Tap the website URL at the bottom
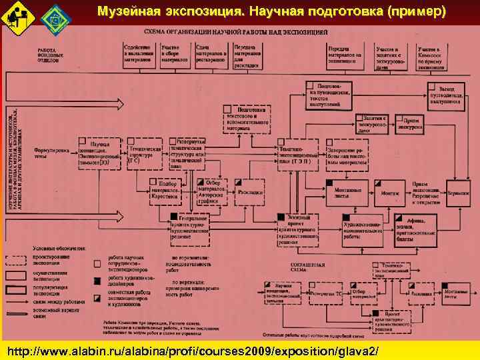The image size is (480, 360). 193,350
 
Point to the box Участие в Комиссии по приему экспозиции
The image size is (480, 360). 432,58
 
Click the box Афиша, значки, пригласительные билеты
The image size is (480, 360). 416,226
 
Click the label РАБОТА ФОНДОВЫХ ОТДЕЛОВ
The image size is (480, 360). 47,55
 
